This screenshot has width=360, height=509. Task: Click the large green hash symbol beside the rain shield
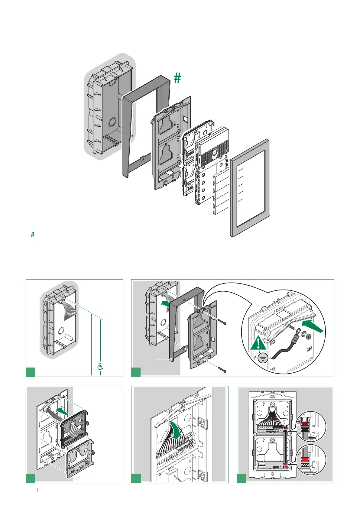click(177, 78)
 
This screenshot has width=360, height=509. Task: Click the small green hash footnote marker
click(33, 235)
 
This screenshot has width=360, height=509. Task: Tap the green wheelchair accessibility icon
click(100, 366)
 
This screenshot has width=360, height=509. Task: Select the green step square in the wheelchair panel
click(31, 372)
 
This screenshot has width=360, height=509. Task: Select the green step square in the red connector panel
click(242, 478)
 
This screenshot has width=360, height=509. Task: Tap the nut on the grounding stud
click(309, 336)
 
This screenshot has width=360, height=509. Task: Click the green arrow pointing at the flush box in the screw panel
click(166, 303)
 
